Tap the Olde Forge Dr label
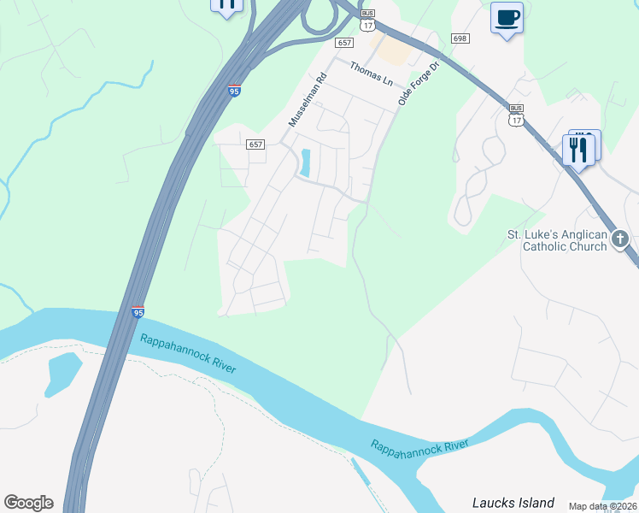(x=418, y=84)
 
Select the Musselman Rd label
(x=308, y=101)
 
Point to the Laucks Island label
(x=513, y=503)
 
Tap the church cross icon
(x=621, y=239)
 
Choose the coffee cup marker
(x=507, y=17)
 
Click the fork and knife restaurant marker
(x=578, y=150)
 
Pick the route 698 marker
(x=460, y=38)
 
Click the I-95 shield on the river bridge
(x=138, y=312)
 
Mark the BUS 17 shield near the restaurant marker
(x=515, y=115)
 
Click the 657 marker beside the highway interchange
(x=344, y=43)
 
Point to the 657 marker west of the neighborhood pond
(x=255, y=144)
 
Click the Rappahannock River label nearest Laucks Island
(x=419, y=445)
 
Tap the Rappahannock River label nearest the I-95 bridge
(x=188, y=351)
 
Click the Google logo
(x=28, y=503)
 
